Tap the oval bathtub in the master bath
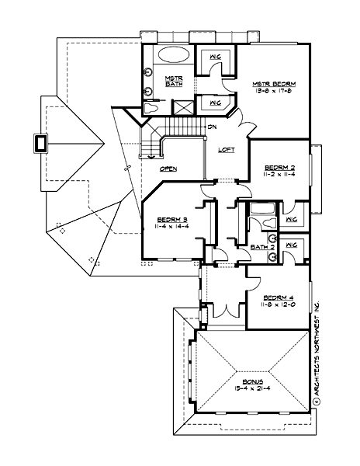pos(172,56)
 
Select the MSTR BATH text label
pos(173,81)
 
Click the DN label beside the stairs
pos(211,127)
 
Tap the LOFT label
pos(226,150)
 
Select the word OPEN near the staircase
pos(169,168)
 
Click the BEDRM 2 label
pos(279,167)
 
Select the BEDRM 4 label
pos(277,297)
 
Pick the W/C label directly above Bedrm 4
pos(292,246)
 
